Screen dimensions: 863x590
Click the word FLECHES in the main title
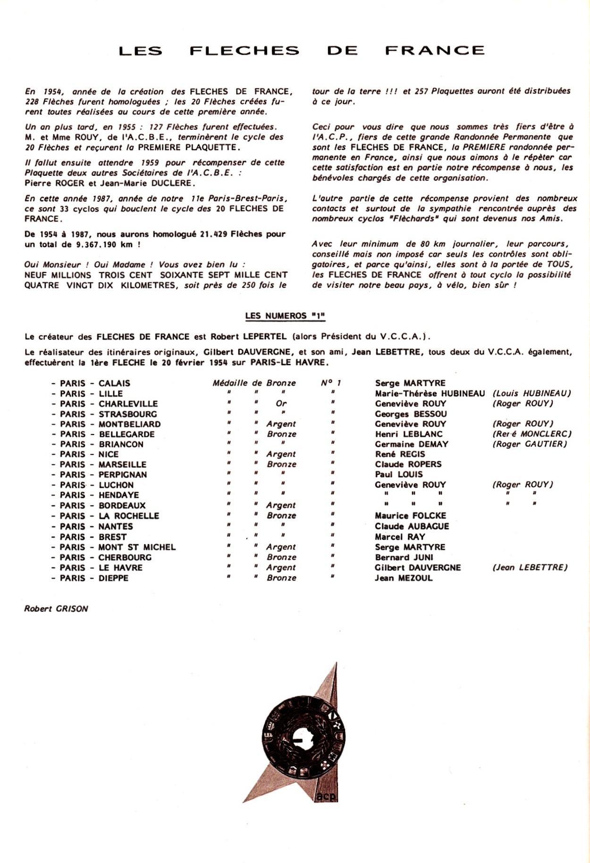[244, 51]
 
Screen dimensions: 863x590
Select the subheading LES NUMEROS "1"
[285, 316]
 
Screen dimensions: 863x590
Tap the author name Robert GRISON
[56, 608]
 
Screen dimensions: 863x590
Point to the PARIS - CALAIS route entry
[91, 383]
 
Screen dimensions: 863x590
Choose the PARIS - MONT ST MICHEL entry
[113, 547]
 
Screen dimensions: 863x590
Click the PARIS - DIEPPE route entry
[90, 578]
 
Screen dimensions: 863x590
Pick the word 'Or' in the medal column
[281, 403]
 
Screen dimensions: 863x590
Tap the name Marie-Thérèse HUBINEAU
[430, 393]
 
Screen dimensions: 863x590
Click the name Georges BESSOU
[411, 414]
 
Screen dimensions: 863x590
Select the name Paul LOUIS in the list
[399, 474]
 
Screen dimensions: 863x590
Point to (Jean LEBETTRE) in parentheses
[530, 567]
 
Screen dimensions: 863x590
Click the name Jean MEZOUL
[404, 578]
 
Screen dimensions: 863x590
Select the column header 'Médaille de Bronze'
[254, 383]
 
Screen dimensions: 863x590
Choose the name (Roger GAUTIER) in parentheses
[530, 444]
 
